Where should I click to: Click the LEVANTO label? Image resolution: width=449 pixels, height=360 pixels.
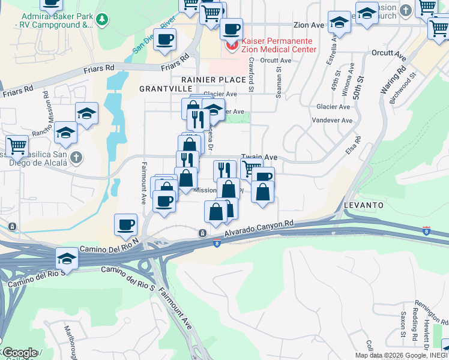point(364,205)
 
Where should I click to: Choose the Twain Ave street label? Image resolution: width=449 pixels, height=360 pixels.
point(259,157)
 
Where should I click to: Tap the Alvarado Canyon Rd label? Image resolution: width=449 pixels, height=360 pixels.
point(259,229)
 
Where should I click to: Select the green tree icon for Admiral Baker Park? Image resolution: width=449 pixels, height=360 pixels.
point(103,19)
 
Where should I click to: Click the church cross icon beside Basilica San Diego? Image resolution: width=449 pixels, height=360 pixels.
point(76,158)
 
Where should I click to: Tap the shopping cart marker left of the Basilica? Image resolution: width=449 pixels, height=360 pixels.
point(17,145)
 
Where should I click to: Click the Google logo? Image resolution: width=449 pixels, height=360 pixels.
point(19,353)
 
